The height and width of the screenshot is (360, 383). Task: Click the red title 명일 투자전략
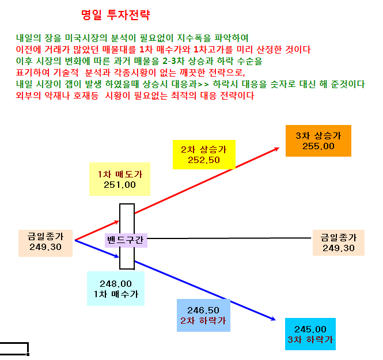tap(116, 15)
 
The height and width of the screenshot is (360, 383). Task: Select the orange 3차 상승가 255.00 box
tap(318, 141)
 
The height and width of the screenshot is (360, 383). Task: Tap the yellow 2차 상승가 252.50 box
tap(204, 154)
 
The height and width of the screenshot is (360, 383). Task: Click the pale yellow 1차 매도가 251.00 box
tap(120, 179)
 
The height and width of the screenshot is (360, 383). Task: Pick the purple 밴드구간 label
tap(126, 240)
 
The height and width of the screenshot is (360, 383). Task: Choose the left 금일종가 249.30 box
tap(45, 243)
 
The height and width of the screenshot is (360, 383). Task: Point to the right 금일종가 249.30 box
tap(339, 242)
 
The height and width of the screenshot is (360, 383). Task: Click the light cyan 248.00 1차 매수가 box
tap(116, 289)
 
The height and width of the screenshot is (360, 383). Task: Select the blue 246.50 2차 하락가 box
tap(203, 315)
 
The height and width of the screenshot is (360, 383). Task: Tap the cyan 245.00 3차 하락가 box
tap(310, 334)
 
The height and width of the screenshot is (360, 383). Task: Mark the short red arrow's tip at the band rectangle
tap(119, 221)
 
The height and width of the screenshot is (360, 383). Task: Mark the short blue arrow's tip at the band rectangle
tap(119, 257)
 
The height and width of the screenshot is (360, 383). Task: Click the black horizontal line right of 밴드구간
tap(229, 238)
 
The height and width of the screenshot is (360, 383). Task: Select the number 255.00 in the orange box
tap(318, 146)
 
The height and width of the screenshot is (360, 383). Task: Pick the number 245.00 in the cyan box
tap(310, 329)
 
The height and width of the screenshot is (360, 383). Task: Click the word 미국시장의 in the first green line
tap(86, 38)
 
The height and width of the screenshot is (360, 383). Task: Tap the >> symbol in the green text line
tap(203, 84)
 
